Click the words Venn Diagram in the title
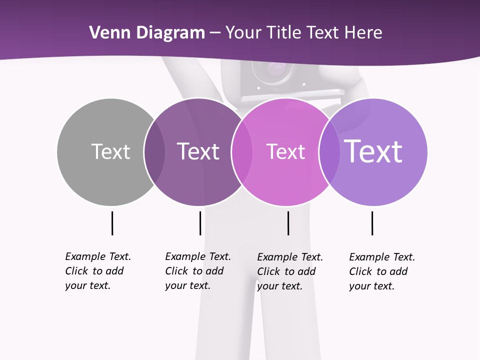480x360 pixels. [x=147, y=33]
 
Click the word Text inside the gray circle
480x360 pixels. [x=110, y=151]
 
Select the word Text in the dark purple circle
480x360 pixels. [x=198, y=151]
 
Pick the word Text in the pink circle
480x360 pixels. [x=285, y=151]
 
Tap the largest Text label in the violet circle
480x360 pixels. [x=373, y=151]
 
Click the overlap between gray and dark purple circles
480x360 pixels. [x=155, y=152]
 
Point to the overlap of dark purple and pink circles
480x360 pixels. [x=241, y=152]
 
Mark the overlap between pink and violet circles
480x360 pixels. [x=329, y=152]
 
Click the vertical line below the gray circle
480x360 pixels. [x=112, y=223]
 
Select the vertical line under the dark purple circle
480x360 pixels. [x=200, y=223]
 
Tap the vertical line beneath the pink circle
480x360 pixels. [x=288, y=223]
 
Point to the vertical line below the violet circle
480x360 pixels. [x=372, y=223]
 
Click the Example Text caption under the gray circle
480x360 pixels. [x=97, y=271]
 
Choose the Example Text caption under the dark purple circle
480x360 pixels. [x=197, y=271]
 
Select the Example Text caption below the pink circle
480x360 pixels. [x=289, y=271]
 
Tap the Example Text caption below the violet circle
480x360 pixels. [x=381, y=271]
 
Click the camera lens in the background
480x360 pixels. [x=272, y=70]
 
